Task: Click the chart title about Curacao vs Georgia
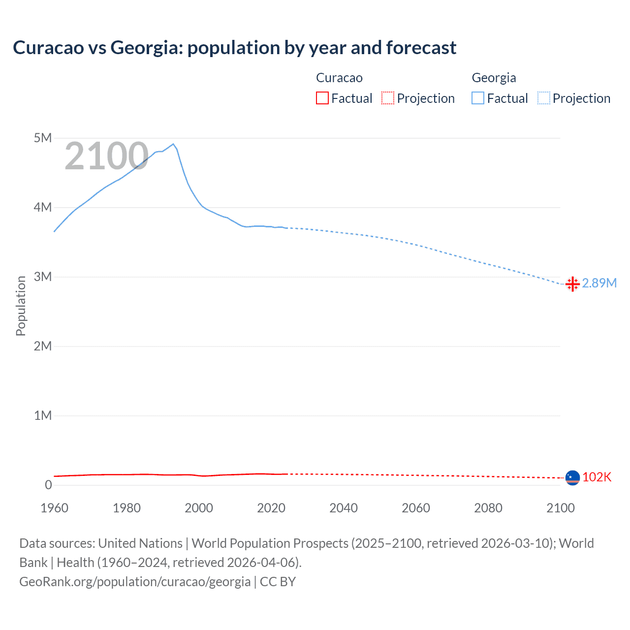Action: pyautogui.click(x=234, y=48)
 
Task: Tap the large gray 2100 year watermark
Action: pyautogui.click(x=106, y=156)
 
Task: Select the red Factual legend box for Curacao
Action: pyautogui.click(x=322, y=98)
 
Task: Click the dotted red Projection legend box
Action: pyautogui.click(x=388, y=98)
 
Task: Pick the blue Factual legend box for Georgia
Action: pyautogui.click(x=477, y=98)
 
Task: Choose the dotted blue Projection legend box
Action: pyautogui.click(x=543, y=98)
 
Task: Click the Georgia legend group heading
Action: pyautogui.click(x=494, y=78)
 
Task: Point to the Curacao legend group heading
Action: pyautogui.click(x=339, y=78)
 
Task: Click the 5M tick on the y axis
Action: pyautogui.click(x=43, y=138)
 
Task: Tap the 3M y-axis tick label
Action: pyautogui.click(x=43, y=277)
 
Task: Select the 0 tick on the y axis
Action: pyautogui.click(x=48, y=485)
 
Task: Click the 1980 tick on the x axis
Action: pyautogui.click(x=126, y=508)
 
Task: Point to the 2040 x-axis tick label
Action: pyautogui.click(x=344, y=508)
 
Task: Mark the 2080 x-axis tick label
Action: pyautogui.click(x=488, y=508)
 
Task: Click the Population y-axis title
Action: pyautogui.click(x=21, y=306)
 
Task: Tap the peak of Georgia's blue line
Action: pyautogui.click(x=173, y=144)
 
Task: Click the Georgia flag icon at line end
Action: pyautogui.click(x=572, y=284)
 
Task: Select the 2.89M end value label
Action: pyautogui.click(x=599, y=283)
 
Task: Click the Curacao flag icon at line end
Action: pyautogui.click(x=572, y=477)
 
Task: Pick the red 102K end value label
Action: pyautogui.click(x=597, y=477)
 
